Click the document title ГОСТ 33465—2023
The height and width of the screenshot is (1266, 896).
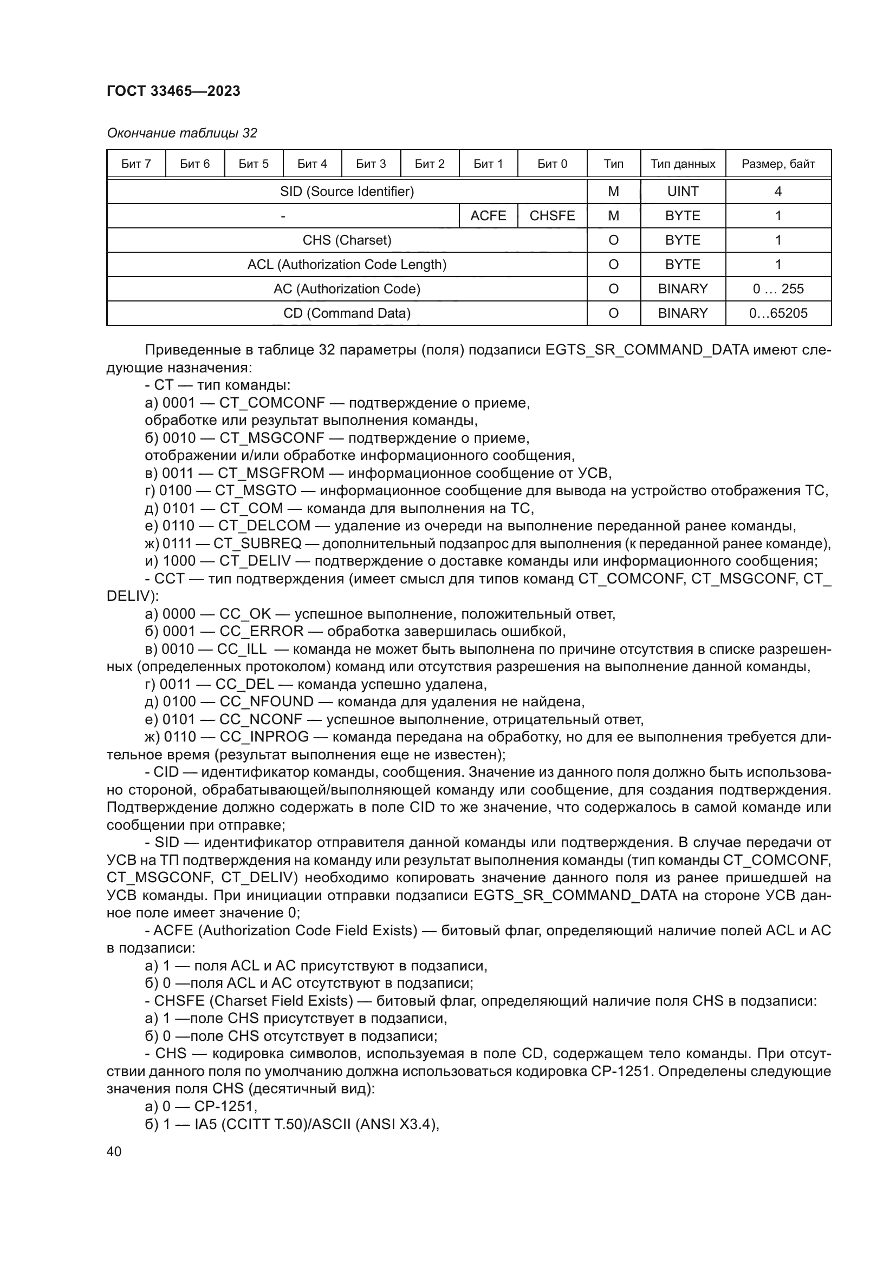[173, 91]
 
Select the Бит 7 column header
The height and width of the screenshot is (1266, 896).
[136, 164]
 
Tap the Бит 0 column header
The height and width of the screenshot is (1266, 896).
[551, 164]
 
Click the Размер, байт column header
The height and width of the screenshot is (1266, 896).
[778, 164]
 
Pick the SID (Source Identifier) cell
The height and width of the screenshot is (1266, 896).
[347, 191]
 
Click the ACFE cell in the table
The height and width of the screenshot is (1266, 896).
[488, 215]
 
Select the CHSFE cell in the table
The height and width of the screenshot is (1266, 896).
[551, 215]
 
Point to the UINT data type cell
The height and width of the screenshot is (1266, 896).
[683, 191]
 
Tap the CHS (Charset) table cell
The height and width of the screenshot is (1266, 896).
[347, 240]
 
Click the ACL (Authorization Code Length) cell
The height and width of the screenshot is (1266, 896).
[347, 264]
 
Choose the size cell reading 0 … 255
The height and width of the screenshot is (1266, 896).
[778, 288]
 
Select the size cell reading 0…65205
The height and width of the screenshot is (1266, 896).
[778, 313]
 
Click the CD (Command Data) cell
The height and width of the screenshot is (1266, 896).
[347, 313]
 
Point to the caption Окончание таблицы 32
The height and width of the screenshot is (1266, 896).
[181, 133]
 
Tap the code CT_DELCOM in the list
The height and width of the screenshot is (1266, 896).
[264, 526]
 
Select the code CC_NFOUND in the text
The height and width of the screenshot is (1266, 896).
[267, 702]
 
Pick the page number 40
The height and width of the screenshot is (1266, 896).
[114, 1151]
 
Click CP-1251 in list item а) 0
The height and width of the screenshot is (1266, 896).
[225, 1107]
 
